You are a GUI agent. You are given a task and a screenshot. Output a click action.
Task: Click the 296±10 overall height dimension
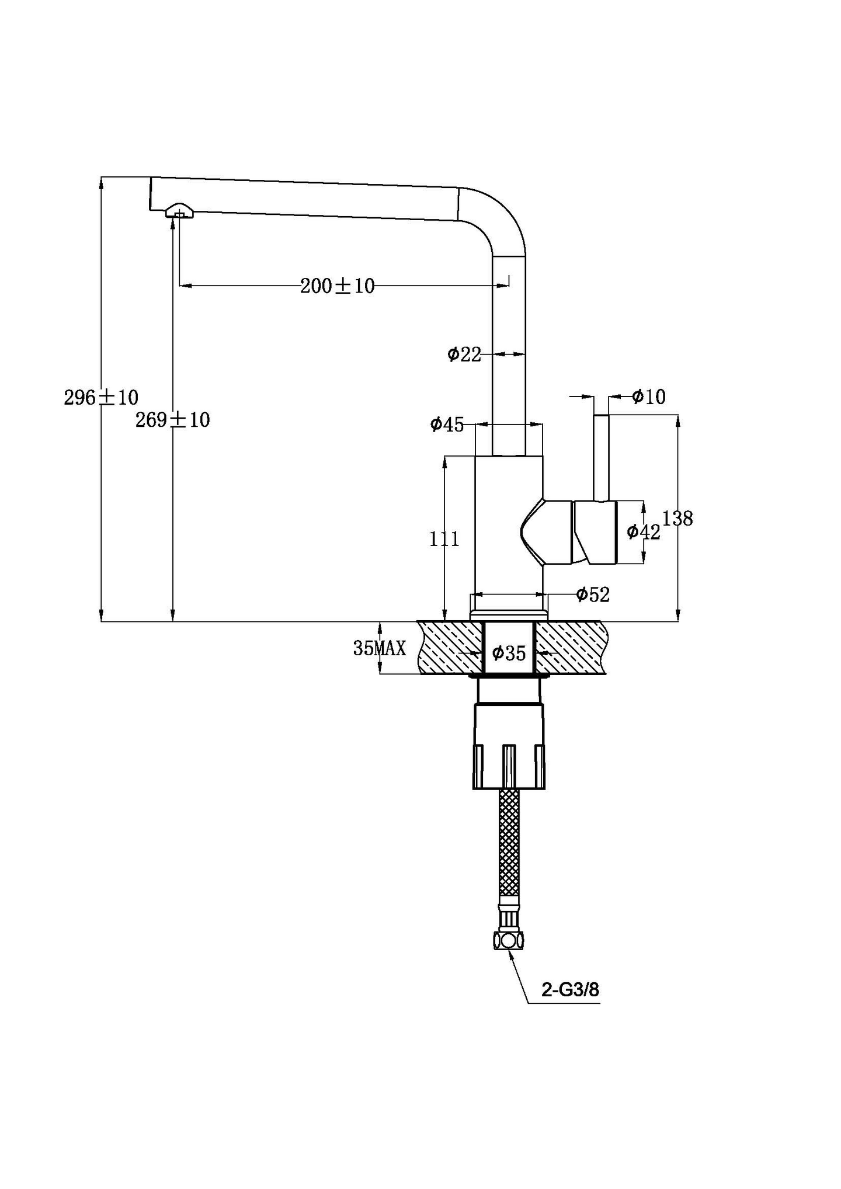[x=101, y=398]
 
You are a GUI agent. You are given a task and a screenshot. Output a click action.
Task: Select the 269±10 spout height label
[x=172, y=420]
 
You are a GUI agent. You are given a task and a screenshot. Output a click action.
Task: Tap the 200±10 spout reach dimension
[x=337, y=286]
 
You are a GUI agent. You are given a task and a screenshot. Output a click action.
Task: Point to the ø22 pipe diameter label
[x=464, y=354]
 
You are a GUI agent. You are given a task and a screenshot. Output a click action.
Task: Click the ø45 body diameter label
[x=447, y=425]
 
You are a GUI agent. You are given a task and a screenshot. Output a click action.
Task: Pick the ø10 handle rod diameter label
[x=648, y=397]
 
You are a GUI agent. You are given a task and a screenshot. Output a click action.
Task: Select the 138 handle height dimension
[x=677, y=518]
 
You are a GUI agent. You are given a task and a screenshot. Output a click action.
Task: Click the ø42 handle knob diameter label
[x=643, y=531]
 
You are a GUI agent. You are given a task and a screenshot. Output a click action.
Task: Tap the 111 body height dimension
[x=444, y=538]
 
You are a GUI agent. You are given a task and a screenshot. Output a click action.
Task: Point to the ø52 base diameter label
[x=592, y=594]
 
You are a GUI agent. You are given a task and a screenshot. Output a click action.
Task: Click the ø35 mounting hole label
[x=509, y=653]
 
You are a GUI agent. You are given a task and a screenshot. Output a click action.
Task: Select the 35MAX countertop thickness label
[x=379, y=648]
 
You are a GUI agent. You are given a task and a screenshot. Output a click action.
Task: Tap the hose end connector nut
[x=508, y=941]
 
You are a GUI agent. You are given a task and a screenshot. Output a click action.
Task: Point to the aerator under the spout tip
[x=179, y=211]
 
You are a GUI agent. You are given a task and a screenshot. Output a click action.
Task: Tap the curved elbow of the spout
[x=496, y=216]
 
